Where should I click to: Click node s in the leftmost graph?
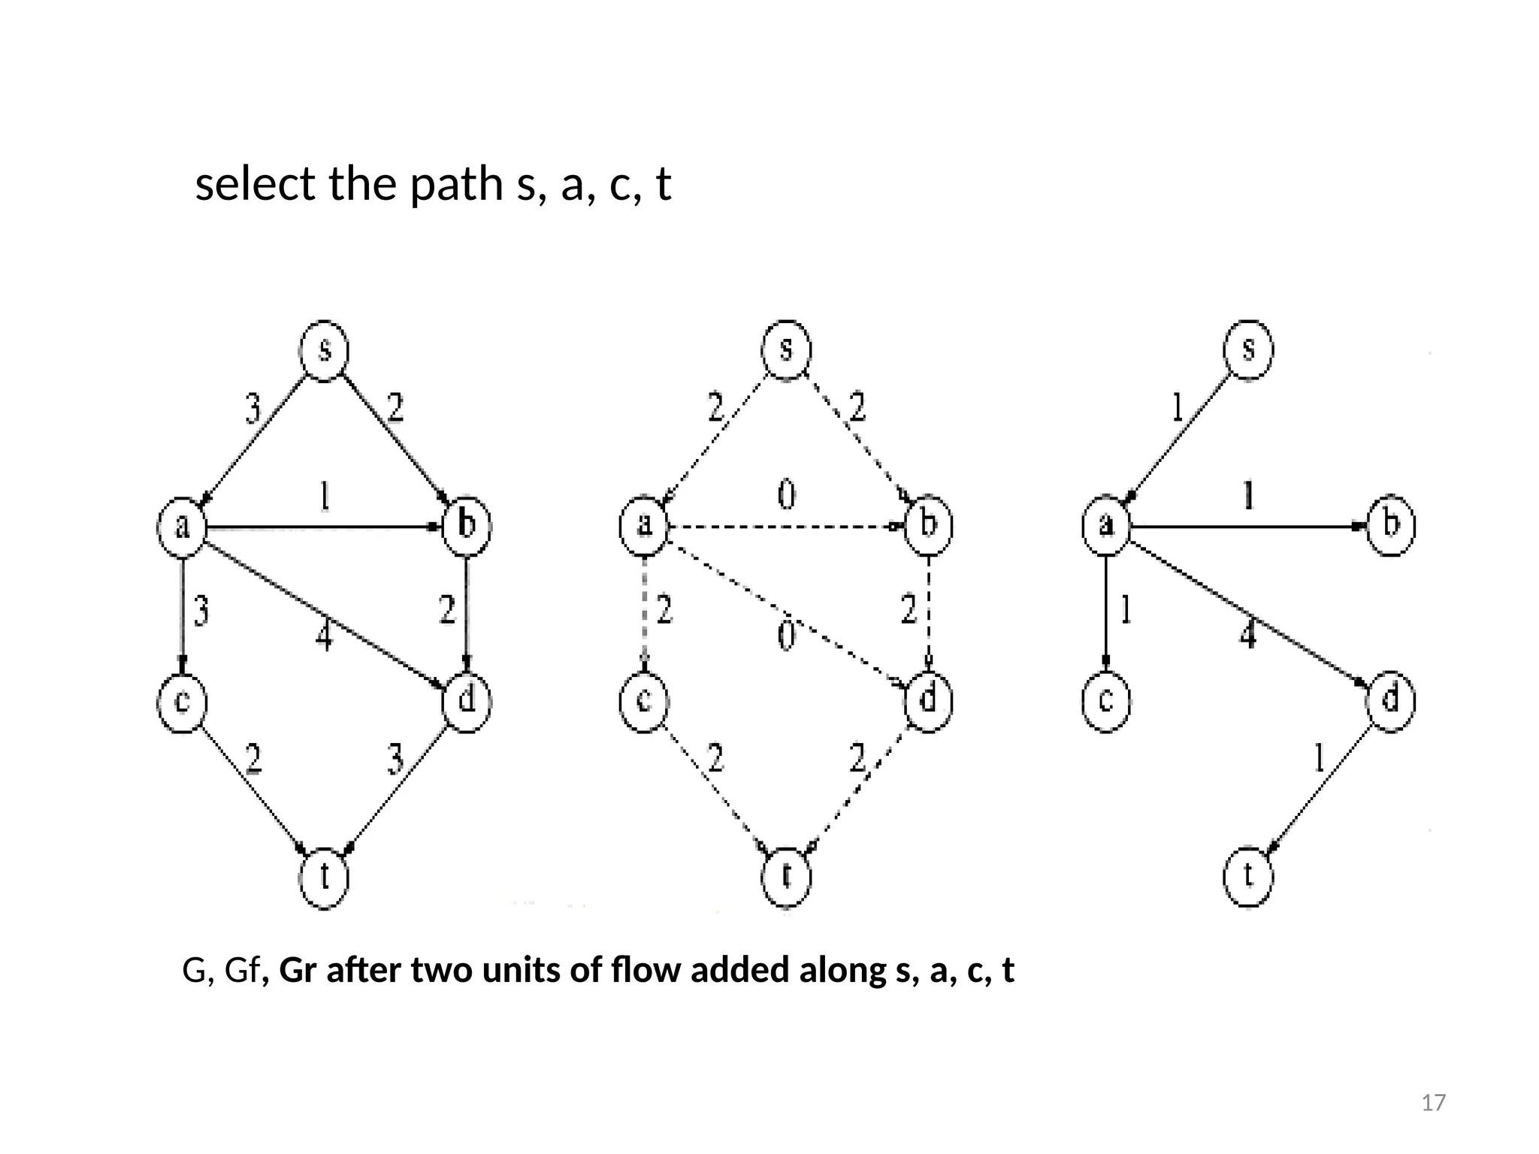point(324,350)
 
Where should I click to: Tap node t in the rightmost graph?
point(1248,876)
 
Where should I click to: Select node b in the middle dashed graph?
point(928,524)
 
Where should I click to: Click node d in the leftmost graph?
point(467,700)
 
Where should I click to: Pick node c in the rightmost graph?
point(1105,700)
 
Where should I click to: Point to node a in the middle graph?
point(644,524)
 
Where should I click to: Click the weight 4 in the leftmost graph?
point(323,637)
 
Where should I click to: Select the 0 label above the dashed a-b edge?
point(786,496)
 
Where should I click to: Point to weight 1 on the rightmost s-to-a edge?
point(1178,409)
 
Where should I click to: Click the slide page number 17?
point(1434,1103)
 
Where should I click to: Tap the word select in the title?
point(255,184)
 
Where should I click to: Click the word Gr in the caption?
point(296,971)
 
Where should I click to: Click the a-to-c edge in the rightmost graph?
point(1105,612)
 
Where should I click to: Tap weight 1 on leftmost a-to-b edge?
point(324,497)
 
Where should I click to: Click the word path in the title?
point(457,184)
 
